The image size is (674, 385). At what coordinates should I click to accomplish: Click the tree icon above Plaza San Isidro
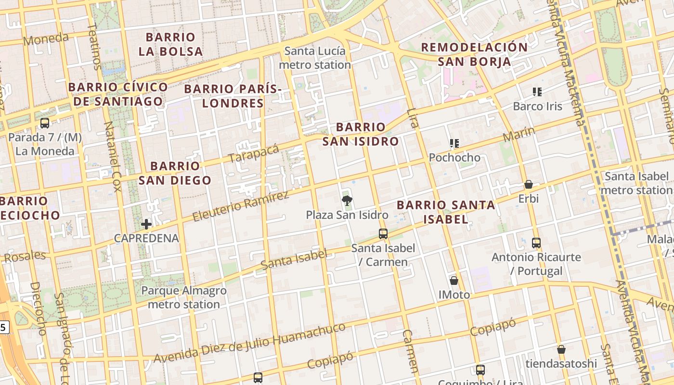click(346, 201)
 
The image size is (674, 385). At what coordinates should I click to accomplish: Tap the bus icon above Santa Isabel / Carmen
click(383, 234)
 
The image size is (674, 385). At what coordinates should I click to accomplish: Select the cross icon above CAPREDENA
click(146, 224)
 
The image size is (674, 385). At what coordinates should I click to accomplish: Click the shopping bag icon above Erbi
click(529, 184)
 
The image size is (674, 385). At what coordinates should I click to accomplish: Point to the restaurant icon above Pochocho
click(454, 143)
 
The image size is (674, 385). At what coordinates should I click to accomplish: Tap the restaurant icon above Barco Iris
click(537, 91)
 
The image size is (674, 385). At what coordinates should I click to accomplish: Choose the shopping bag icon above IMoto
click(454, 280)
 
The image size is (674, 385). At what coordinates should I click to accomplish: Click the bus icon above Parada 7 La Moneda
click(45, 123)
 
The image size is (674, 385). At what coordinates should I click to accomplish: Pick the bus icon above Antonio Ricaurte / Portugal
click(536, 243)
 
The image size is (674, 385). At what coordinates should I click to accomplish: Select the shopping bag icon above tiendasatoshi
click(561, 349)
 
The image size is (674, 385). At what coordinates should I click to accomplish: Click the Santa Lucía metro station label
click(315, 58)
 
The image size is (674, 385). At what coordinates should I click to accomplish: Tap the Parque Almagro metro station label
click(183, 297)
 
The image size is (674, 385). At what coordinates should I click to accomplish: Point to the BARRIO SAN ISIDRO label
click(360, 134)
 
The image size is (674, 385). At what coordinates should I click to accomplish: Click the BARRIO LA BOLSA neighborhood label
click(170, 44)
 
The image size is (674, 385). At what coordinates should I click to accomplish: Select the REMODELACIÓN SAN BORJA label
click(474, 54)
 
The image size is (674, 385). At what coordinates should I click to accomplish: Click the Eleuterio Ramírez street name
click(241, 205)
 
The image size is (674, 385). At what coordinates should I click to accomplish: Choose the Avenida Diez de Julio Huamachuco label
click(249, 343)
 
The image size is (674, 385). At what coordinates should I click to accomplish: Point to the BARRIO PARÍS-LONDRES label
click(233, 96)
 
